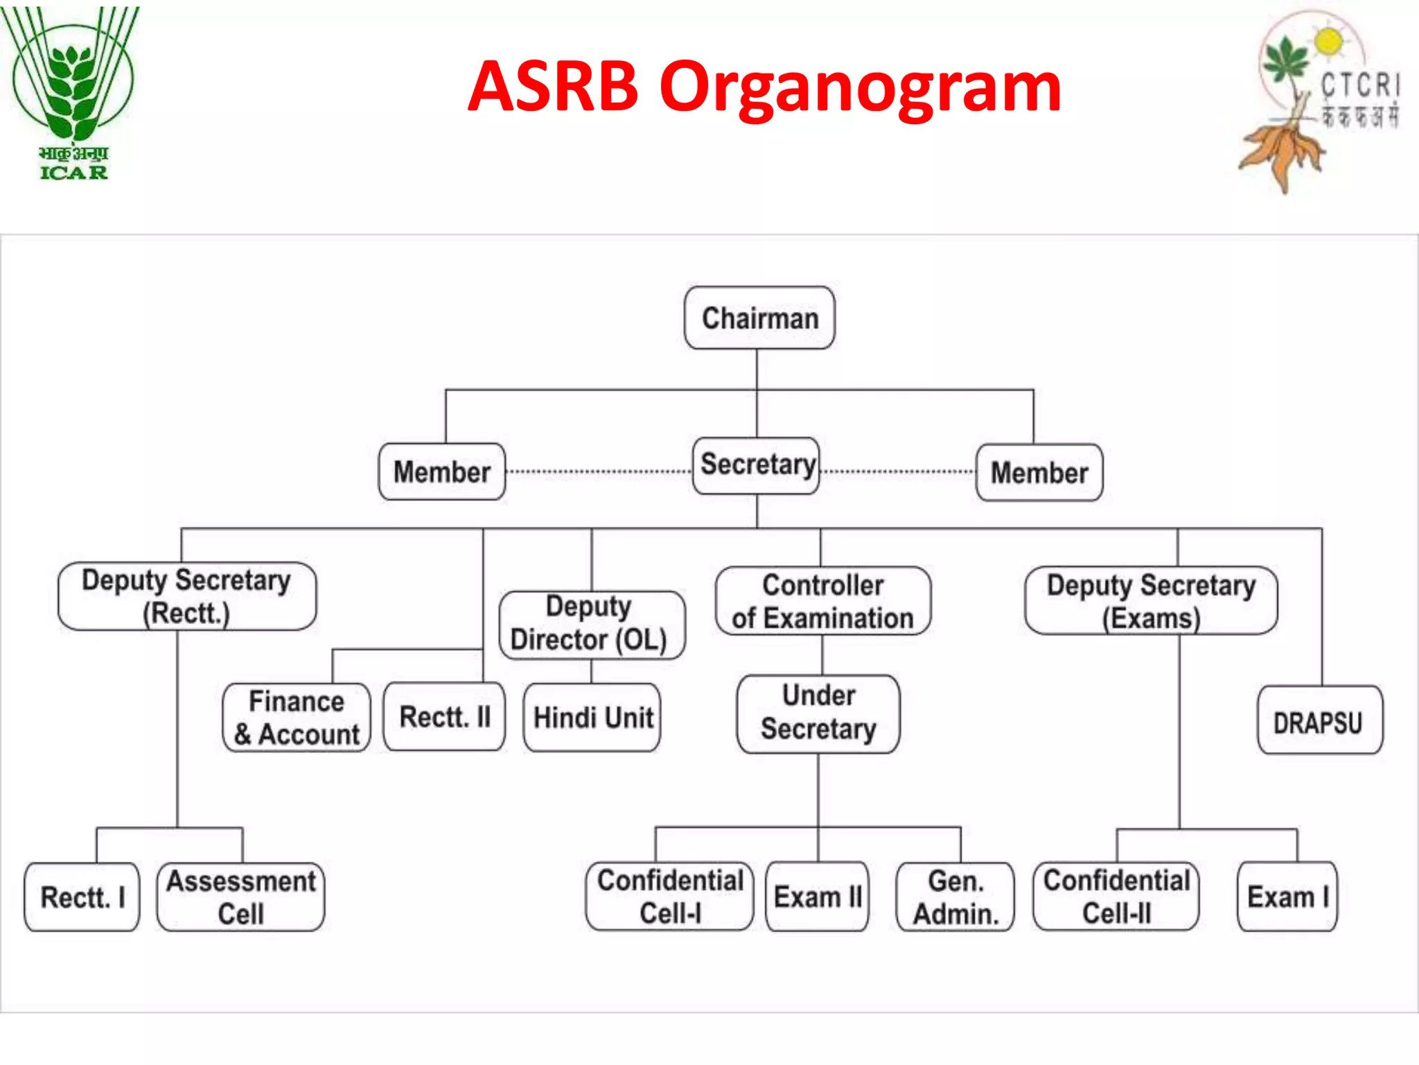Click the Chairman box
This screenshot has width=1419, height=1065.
(759, 318)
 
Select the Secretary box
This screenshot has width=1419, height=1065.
(757, 465)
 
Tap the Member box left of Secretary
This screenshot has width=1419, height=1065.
(442, 472)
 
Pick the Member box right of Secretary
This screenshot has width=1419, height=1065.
(1039, 473)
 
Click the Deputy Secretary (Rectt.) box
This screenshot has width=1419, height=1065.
(187, 596)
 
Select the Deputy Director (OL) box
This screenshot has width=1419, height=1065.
(591, 624)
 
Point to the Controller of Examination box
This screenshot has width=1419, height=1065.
(823, 601)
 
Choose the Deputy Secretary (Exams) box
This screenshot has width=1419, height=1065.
(1151, 601)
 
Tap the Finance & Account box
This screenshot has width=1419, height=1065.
(297, 718)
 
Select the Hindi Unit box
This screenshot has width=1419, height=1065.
(592, 718)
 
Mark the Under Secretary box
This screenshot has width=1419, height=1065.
(818, 713)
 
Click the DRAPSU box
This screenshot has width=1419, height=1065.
(1319, 721)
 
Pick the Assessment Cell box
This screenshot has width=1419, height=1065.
(240, 897)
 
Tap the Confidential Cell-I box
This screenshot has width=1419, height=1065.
(669, 897)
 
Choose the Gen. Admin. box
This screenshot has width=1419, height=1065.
(955, 897)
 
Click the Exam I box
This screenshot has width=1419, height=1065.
(1287, 897)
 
